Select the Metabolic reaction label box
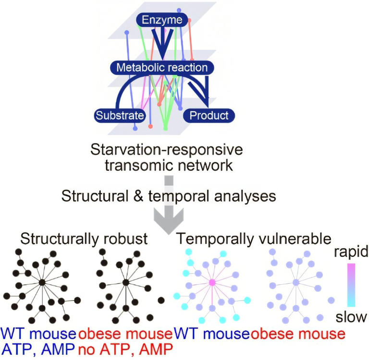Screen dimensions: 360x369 [162, 67]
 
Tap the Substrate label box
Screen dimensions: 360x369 [120, 115]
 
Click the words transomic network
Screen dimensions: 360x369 [169, 166]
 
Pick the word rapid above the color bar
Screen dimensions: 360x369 [351, 252]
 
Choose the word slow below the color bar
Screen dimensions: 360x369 [352, 317]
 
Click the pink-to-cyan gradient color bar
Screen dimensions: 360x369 [351, 284]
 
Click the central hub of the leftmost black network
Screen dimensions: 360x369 [42, 283]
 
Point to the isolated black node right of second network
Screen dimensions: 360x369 [161, 300]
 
